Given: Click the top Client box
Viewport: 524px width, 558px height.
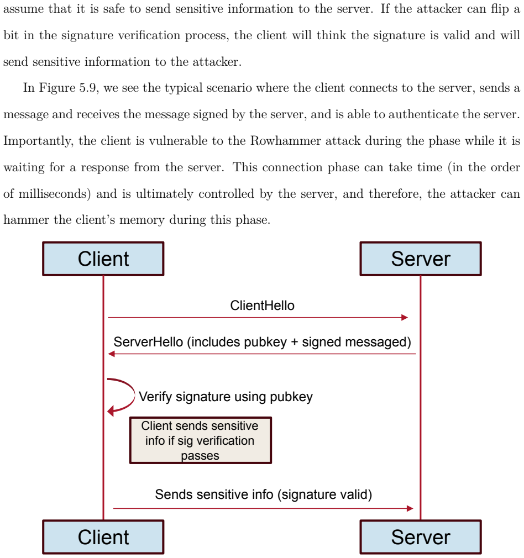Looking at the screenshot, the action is pyautogui.click(x=103, y=259).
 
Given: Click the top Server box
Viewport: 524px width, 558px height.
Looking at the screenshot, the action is pyautogui.click(x=421, y=259).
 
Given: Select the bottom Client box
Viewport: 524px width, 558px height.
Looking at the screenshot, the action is pyautogui.click(x=103, y=537).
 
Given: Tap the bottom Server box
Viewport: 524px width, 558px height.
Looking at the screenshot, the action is pyautogui.click(x=421, y=537).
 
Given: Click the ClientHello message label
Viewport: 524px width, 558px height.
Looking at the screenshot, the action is pyautogui.click(x=263, y=306).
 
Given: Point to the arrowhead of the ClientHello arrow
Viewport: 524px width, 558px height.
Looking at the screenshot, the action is pyautogui.click(x=405, y=318).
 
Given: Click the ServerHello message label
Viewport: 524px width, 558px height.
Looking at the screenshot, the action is pyautogui.click(x=263, y=342).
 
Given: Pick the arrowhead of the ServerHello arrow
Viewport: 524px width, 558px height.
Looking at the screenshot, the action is pyautogui.click(x=111, y=354).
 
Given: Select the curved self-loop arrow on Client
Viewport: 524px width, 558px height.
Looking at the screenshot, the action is pyautogui.click(x=134, y=394).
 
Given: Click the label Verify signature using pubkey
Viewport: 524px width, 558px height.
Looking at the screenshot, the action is pyautogui.click(x=226, y=397).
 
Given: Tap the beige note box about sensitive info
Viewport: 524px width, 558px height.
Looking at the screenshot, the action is pyautogui.click(x=201, y=440).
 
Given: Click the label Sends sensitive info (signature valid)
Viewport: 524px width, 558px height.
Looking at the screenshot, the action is pyautogui.click(x=264, y=494).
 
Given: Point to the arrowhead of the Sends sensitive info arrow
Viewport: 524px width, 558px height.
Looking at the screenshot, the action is pyautogui.click(x=410, y=508).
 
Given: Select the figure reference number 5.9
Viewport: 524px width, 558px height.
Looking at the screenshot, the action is pyautogui.click(x=87, y=88).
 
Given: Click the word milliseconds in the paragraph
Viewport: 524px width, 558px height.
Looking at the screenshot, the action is pyautogui.click(x=53, y=193).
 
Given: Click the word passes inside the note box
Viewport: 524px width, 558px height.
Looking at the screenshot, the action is pyautogui.click(x=200, y=455).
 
